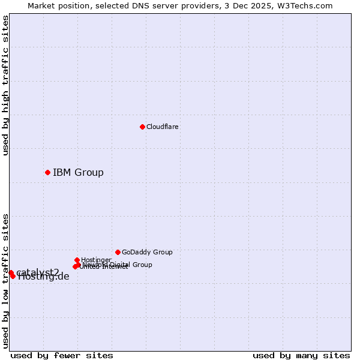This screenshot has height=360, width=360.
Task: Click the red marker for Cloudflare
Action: (142, 127)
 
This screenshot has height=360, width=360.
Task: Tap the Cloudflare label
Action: (162, 127)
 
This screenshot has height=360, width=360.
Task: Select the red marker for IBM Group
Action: (47, 172)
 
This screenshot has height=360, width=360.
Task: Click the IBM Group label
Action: (78, 173)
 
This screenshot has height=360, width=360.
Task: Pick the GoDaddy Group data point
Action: (118, 252)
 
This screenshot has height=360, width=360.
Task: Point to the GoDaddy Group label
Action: (147, 252)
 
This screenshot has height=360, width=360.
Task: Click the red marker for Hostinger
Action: (77, 260)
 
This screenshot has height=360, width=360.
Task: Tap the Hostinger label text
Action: (96, 260)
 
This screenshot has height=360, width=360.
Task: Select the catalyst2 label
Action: (38, 272)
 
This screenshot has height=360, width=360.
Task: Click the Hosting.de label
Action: (44, 277)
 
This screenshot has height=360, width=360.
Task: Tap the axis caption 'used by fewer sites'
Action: (62, 355)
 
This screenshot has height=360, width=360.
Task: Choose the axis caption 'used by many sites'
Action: (301, 355)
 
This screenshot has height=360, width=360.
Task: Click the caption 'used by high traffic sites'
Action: (5, 85)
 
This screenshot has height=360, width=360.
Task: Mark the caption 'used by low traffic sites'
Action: (5, 280)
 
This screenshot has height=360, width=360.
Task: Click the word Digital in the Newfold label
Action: (122, 265)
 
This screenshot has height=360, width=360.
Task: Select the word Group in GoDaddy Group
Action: (162, 252)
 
